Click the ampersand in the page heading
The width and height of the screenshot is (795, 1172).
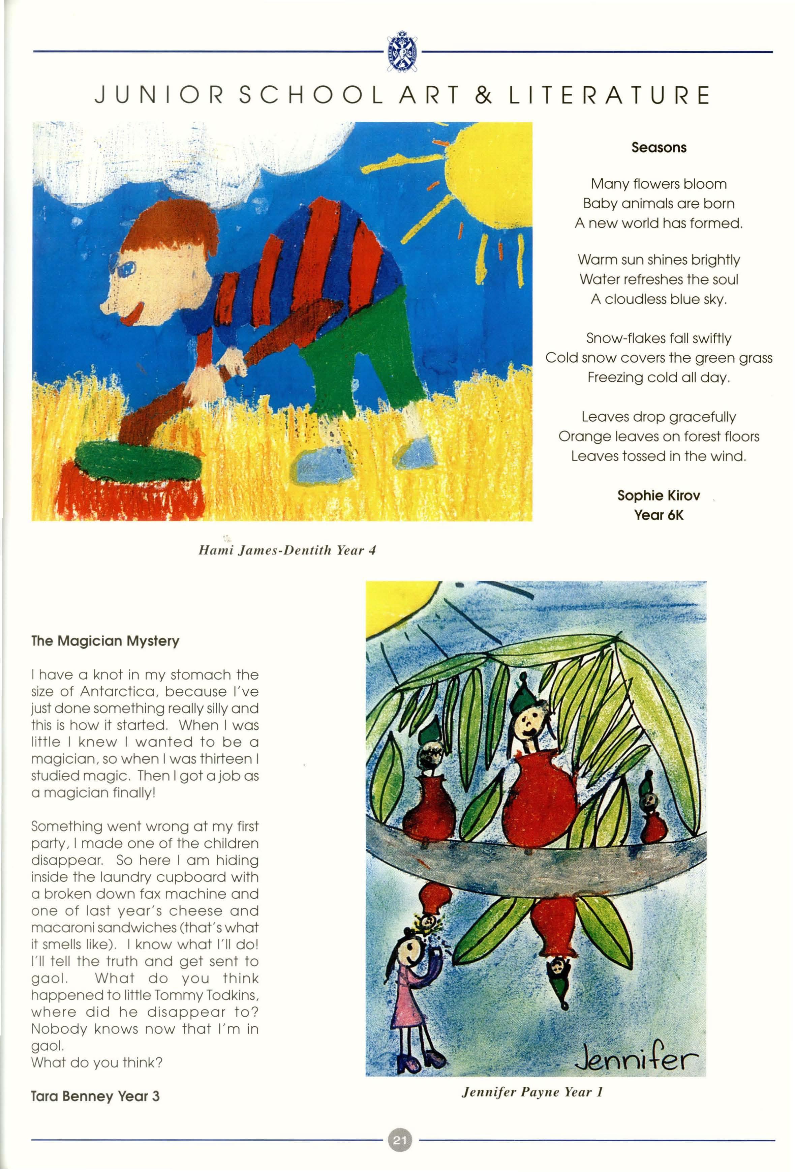pos(483,95)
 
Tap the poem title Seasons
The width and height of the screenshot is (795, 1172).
pos(659,148)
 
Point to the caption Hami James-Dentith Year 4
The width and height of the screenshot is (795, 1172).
pos(287,550)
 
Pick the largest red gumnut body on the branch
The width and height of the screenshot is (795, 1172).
pos(539,799)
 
